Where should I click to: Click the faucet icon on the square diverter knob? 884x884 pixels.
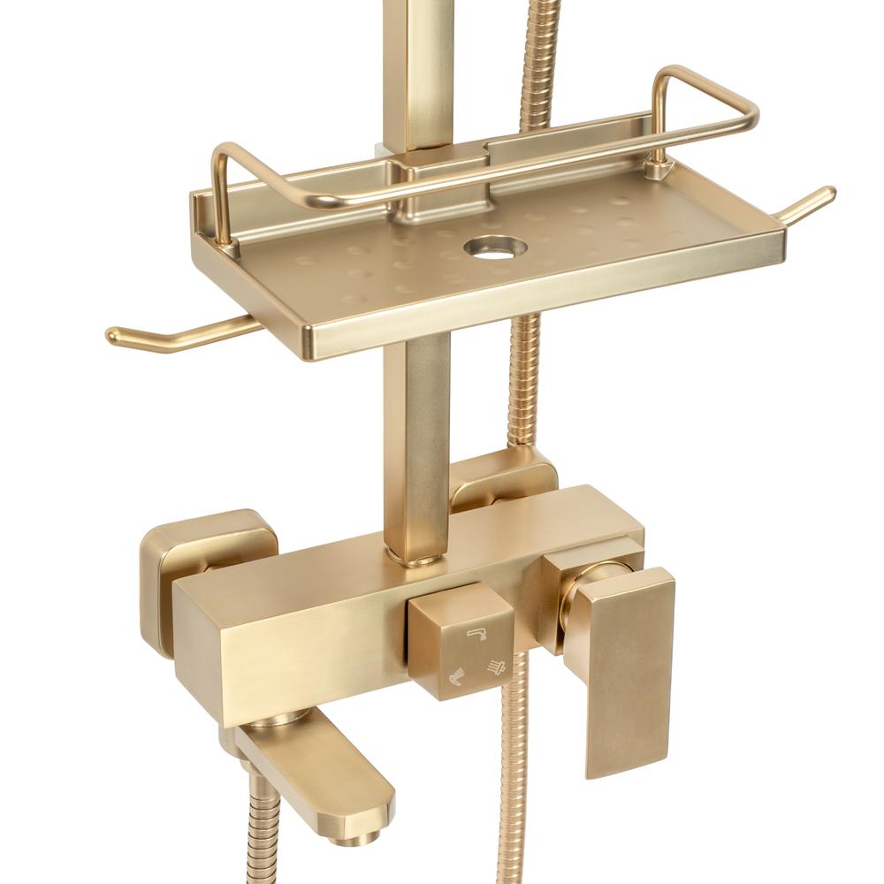tap(478, 635)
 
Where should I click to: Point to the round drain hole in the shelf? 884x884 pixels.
tap(492, 246)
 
